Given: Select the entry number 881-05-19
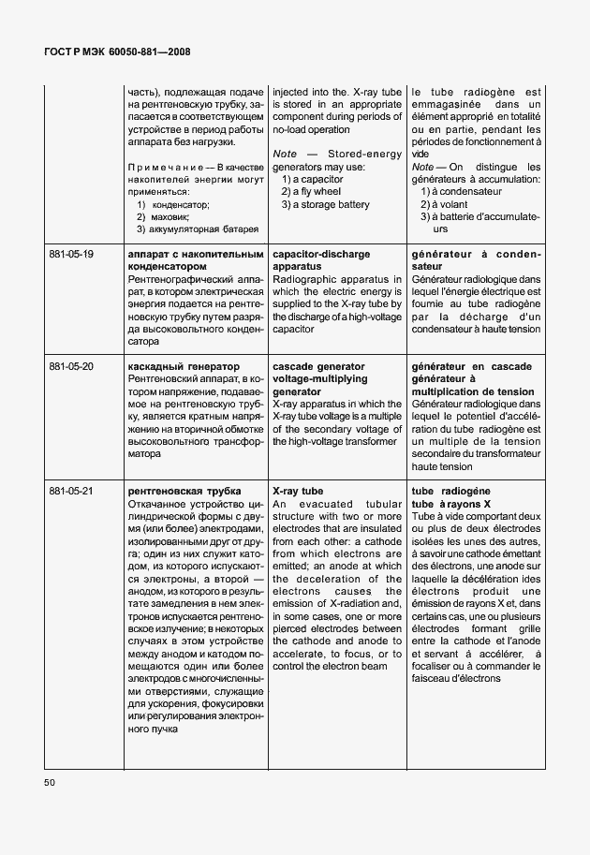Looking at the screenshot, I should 71,254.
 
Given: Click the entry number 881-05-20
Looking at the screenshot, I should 71,366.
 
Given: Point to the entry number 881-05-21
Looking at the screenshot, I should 71,491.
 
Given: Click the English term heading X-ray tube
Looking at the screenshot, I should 298,491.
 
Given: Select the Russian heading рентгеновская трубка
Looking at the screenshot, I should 184,491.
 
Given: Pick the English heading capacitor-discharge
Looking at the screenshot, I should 321,254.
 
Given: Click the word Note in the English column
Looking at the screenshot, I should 285,154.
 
